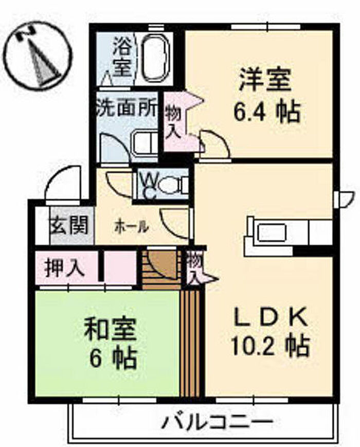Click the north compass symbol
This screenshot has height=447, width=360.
click(x=37, y=55)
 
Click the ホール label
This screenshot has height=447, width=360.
click(x=132, y=225)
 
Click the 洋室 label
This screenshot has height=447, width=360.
click(x=265, y=80)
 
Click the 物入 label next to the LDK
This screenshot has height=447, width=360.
click(x=194, y=267)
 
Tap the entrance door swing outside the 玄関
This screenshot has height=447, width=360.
click(x=63, y=185)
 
